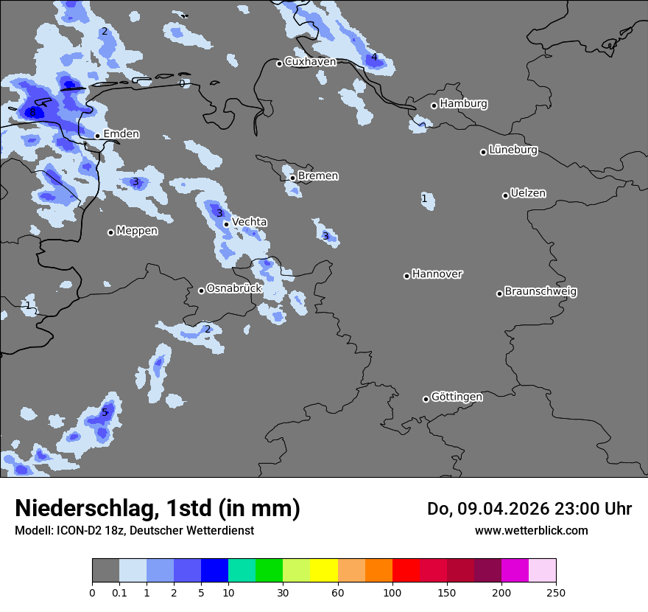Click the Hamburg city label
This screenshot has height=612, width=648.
click(463, 104)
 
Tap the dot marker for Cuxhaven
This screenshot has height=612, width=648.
click(279, 63)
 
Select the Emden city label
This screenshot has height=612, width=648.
click(121, 134)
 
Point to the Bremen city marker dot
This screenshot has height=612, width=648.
click(292, 178)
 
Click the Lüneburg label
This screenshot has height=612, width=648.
click(513, 150)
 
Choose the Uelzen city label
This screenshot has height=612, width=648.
click(528, 194)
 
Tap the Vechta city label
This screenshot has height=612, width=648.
click(249, 222)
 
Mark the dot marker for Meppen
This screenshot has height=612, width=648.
click(110, 232)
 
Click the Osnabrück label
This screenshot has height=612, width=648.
click(233, 289)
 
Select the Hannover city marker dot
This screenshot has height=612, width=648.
click(406, 276)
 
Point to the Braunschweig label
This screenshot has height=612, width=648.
click(540, 292)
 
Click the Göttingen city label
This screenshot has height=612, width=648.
click(457, 397)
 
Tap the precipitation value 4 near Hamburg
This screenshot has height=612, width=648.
click(374, 58)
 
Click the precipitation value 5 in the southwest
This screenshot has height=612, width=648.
click(105, 412)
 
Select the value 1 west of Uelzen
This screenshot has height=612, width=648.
click(424, 199)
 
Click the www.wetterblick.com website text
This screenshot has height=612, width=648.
click(531, 530)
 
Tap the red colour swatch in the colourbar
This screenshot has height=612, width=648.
click(406, 571)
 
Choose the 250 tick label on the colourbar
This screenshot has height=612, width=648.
click(556, 592)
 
